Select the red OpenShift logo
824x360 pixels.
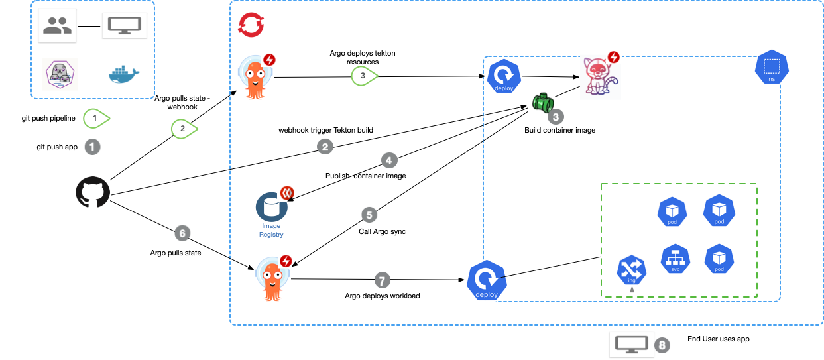pos(252,26)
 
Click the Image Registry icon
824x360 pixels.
pos(272,208)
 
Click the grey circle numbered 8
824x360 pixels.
pos(661,345)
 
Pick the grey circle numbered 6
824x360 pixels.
pos(182,233)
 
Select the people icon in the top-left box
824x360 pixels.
pos(57,26)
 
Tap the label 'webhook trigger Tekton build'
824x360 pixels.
pos(325,130)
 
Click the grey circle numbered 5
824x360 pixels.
pos(369,215)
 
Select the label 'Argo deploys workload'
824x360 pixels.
pos(382,296)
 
